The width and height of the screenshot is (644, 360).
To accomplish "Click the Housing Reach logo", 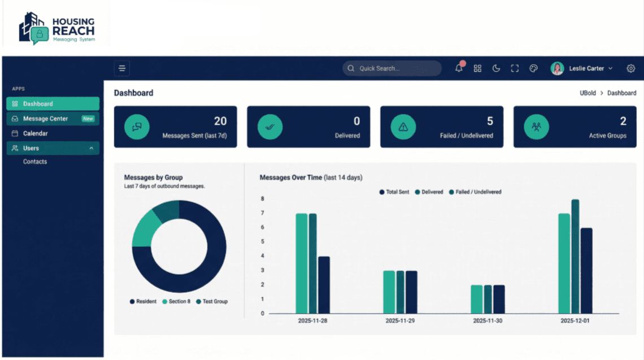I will click(57, 27).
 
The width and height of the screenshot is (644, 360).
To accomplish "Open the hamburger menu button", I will click(122, 68).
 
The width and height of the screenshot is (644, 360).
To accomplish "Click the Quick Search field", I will click(392, 68).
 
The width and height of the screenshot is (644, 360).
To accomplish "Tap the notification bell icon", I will click(459, 68).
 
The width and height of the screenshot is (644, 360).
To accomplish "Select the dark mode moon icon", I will click(496, 68).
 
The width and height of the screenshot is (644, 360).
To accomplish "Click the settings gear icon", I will click(631, 68).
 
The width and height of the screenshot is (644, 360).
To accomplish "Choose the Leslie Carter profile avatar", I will click(558, 68).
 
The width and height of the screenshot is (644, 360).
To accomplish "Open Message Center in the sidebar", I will click(45, 119).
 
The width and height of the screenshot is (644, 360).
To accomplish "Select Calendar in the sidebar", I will click(35, 133).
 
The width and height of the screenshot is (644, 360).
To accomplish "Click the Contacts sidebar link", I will click(35, 162).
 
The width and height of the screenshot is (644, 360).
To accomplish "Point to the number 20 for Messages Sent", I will click(220, 121).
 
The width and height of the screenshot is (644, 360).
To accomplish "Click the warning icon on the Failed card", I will click(403, 127).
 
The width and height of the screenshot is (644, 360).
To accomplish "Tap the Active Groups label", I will click(607, 136).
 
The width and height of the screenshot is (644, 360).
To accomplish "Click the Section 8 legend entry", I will click(176, 302).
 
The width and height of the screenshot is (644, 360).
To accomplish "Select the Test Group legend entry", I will click(212, 302).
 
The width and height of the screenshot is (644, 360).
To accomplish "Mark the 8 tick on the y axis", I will click(262, 199).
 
